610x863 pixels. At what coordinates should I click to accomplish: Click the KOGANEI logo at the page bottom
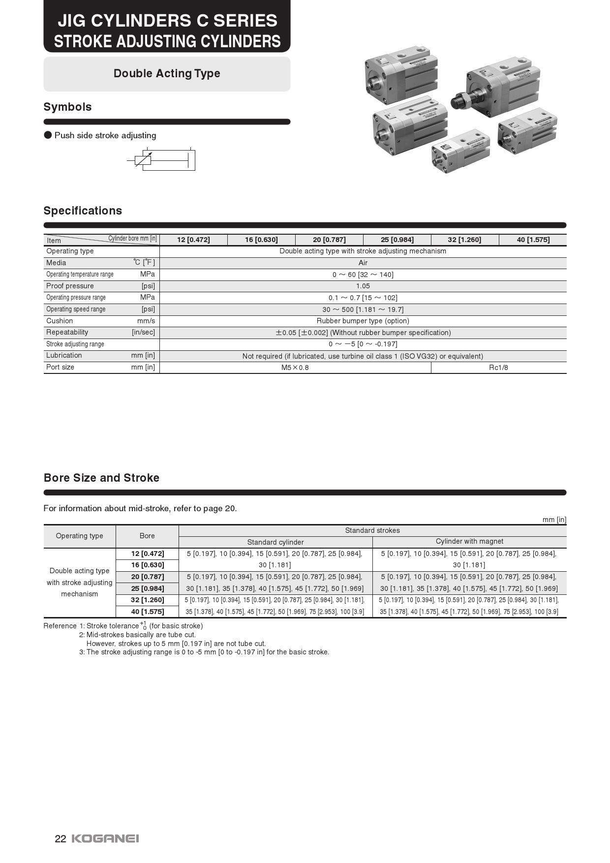(105, 838)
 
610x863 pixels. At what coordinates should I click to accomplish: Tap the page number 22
(60, 839)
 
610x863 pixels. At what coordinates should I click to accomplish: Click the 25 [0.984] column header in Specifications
(397, 240)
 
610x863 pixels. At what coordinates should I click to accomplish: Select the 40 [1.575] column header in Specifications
(533, 240)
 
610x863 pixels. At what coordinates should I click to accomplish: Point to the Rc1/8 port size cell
(498, 368)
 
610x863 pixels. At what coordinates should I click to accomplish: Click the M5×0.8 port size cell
(295, 368)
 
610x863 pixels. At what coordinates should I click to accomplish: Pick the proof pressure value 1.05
(363, 286)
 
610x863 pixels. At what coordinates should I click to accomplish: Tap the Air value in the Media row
(363, 263)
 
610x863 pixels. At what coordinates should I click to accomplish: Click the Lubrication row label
(64, 355)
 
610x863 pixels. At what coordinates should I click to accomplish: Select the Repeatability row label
(67, 332)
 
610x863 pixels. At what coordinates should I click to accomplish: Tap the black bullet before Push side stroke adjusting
(48, 135)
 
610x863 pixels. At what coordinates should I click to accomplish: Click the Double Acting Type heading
(167, 73)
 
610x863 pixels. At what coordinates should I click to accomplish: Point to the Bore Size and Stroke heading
(101, 478)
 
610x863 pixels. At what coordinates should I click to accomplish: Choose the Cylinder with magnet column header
(469, 541)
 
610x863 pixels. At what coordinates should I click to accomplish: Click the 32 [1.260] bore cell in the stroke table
(147, 600)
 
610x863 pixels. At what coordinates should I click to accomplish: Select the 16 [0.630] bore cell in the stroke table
(147, 565)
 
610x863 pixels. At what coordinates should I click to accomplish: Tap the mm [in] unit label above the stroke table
(554, 520)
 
